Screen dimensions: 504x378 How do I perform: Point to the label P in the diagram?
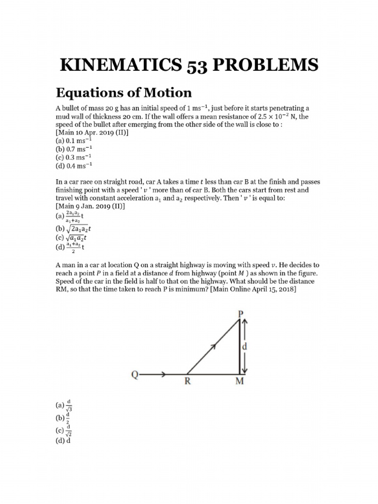tap(241, 313)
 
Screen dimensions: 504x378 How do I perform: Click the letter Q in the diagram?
tap(134, 375)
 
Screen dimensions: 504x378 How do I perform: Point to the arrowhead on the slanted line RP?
tap(214, 347)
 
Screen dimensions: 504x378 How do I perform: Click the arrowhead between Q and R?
tap(162, 375)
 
